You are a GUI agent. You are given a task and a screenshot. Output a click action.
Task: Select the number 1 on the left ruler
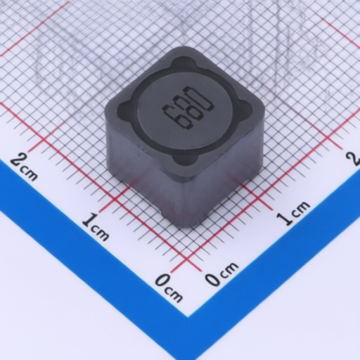pos(89,219)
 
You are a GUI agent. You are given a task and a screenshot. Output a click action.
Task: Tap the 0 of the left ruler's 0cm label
pos(162,280)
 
